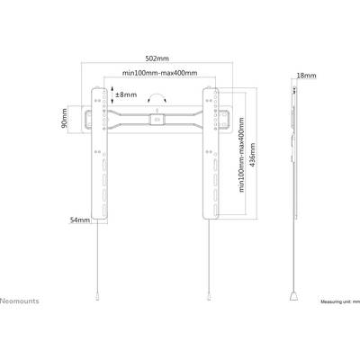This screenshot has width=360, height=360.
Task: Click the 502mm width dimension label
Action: [157, 58]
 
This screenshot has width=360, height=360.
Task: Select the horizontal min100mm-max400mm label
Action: [159, 73]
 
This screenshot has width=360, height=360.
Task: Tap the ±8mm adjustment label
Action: [126, 94]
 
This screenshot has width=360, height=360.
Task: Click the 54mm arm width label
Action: [80, 220]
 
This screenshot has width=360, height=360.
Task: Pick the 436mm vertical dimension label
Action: [253, 155]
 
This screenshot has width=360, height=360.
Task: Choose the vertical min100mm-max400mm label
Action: [242, 155]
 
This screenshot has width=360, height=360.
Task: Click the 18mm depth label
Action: [306, 76]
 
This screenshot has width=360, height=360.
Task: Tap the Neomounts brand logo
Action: [20, 301]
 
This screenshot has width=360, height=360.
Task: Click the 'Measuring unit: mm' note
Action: [340, 301]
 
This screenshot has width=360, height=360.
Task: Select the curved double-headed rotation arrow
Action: [157, 97]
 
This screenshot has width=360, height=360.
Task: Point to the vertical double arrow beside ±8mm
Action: [112, 94]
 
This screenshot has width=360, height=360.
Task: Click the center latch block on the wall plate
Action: [157, 119]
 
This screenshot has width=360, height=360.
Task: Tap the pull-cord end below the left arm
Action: [97, 296]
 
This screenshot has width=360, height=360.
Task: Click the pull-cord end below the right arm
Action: [209, 296]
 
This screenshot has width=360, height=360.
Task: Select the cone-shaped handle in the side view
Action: [293, 297]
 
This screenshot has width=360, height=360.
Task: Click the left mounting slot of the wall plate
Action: [88, 120]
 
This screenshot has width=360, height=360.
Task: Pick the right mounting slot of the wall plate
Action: [226, 120]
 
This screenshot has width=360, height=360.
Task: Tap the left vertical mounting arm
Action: [99, 153]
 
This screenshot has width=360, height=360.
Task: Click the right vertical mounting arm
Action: [211, 153]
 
